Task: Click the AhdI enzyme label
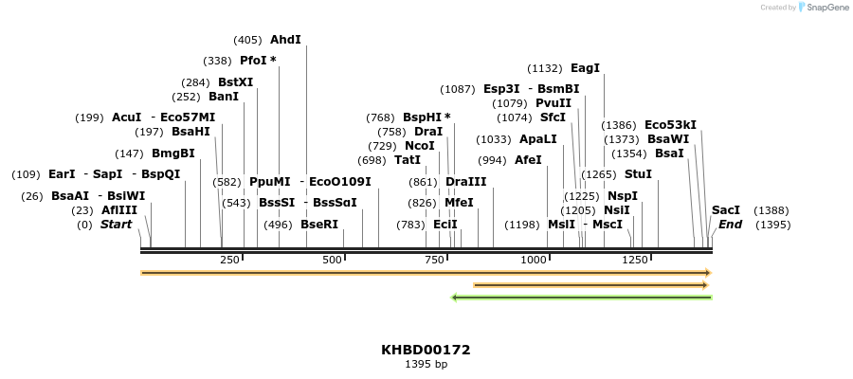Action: (285, 40)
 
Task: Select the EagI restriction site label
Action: (585, 68)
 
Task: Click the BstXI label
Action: (235, 81)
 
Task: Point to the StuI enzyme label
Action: (638, 174)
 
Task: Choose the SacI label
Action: (725, 210)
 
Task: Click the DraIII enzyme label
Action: (465, 182)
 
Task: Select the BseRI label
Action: (318, 225)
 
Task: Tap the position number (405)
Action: (247, 40)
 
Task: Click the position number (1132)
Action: (545, 68)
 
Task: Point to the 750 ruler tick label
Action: (435, 260)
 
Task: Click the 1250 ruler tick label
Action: (635, 260)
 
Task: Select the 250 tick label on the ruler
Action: (229, 260)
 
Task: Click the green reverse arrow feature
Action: (582, 298)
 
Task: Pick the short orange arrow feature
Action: (590, 284)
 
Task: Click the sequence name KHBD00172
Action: (426, 350)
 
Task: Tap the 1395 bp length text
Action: (426, 364)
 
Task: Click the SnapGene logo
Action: (823, 8)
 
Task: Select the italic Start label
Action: (116, 225)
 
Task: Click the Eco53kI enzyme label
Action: (670, 124)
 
